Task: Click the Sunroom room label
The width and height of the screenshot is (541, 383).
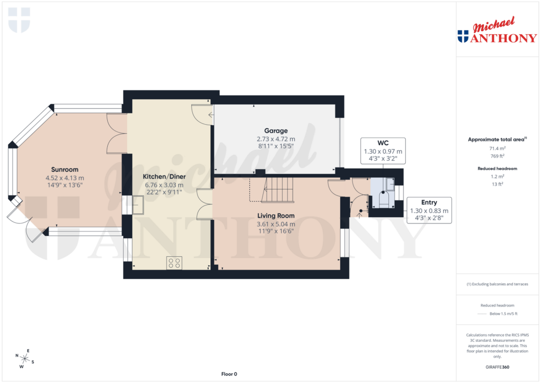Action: (x=64, y=170)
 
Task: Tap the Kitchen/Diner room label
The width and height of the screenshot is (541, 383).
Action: (x=164, y=176)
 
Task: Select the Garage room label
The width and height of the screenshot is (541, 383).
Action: (x=276, y=130)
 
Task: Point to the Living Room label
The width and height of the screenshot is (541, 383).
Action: (x=276, y=216)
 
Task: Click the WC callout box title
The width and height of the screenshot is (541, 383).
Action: (x=383, y=143)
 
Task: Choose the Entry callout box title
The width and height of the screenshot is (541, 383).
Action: (x=428, y=202)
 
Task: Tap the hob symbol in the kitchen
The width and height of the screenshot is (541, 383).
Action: (x=174, y=263)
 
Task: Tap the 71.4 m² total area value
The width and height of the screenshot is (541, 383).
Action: (x=496, y=149)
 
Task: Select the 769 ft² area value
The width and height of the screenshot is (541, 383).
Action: (x=496, y=156)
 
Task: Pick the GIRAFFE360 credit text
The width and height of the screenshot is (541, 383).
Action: (x=496, y=367)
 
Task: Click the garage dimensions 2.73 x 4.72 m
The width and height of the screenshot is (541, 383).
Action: (x=276, y=139)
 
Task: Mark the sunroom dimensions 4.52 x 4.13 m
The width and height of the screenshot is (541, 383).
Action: (x=64, y=178)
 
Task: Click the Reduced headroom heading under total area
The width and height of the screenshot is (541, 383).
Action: (x=496, y=168)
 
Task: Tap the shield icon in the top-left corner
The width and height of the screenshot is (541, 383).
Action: (x=20, y=20)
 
